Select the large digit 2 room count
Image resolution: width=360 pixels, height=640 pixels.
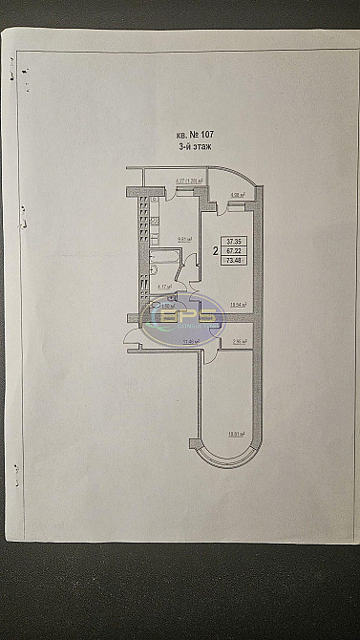(216, 251)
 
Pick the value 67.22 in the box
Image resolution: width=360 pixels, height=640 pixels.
(235, 251)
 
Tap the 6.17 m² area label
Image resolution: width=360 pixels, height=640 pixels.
(162, 285)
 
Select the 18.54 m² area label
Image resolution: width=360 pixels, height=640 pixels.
(238, 305)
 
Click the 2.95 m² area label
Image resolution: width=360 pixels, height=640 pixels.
(239, 340)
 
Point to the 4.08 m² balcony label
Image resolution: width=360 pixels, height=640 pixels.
(237, 195)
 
